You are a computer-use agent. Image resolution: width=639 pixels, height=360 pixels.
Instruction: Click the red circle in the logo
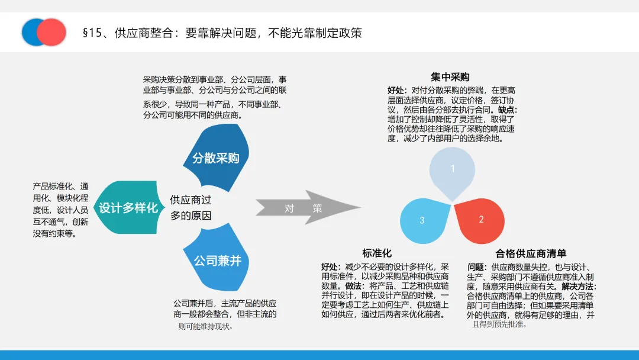click(x=52, y=32)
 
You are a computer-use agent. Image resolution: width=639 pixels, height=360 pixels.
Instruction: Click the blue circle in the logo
click(x=31, y=32)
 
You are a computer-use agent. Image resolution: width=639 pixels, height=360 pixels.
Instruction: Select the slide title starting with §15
click(x=222, y=33)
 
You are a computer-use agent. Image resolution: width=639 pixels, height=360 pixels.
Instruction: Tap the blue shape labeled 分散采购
click(x=215, y=158)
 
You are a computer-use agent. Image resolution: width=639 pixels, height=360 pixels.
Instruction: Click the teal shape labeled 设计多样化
click(x=127, y=208)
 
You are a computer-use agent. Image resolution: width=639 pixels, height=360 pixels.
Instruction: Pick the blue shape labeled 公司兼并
click(x=217, y=260)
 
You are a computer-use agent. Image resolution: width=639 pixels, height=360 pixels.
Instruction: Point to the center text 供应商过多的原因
click(x=191, y=208)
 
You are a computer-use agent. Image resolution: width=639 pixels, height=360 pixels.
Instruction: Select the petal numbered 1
click(x=452, y=170)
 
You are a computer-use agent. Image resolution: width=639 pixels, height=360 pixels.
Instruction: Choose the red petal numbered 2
click(x=480, y=220)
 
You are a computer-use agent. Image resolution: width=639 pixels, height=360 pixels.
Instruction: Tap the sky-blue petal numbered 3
click(x=424, y=220)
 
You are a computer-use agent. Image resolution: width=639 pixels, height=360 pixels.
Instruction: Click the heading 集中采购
click(x=450, y=77)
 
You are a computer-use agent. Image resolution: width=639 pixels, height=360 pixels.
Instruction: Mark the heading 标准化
click(x=377, y=253)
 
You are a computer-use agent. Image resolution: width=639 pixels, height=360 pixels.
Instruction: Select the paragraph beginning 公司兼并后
click(x=225, y=314)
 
